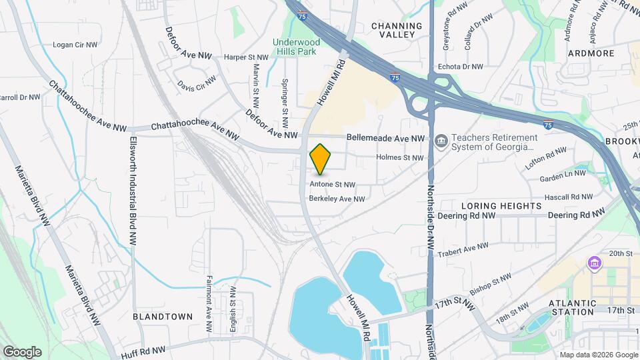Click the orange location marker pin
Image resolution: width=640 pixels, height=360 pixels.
(321, 159)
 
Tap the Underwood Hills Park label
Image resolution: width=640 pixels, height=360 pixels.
(296, 47)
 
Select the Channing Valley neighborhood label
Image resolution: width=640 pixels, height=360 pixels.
(397, 31)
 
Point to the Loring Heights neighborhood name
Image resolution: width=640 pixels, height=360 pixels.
(501, 205)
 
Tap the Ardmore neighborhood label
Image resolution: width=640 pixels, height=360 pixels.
(590, 53)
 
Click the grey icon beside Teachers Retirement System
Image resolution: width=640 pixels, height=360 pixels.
(441, 141)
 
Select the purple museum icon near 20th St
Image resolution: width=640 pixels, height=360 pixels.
(593, 264)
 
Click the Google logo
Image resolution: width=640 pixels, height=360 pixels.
(21, 352)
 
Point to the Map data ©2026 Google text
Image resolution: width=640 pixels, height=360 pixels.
(599, 355)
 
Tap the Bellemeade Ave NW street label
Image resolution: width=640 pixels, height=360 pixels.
(385, 138)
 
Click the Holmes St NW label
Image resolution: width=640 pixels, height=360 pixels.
(400, 158)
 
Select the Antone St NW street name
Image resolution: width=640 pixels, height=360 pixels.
(333, 184)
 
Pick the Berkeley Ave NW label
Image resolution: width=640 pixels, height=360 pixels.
(337, 199)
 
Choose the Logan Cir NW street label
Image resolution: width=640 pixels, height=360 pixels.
(75, 45)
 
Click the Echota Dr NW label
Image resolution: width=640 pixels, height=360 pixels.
(460, 67)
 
